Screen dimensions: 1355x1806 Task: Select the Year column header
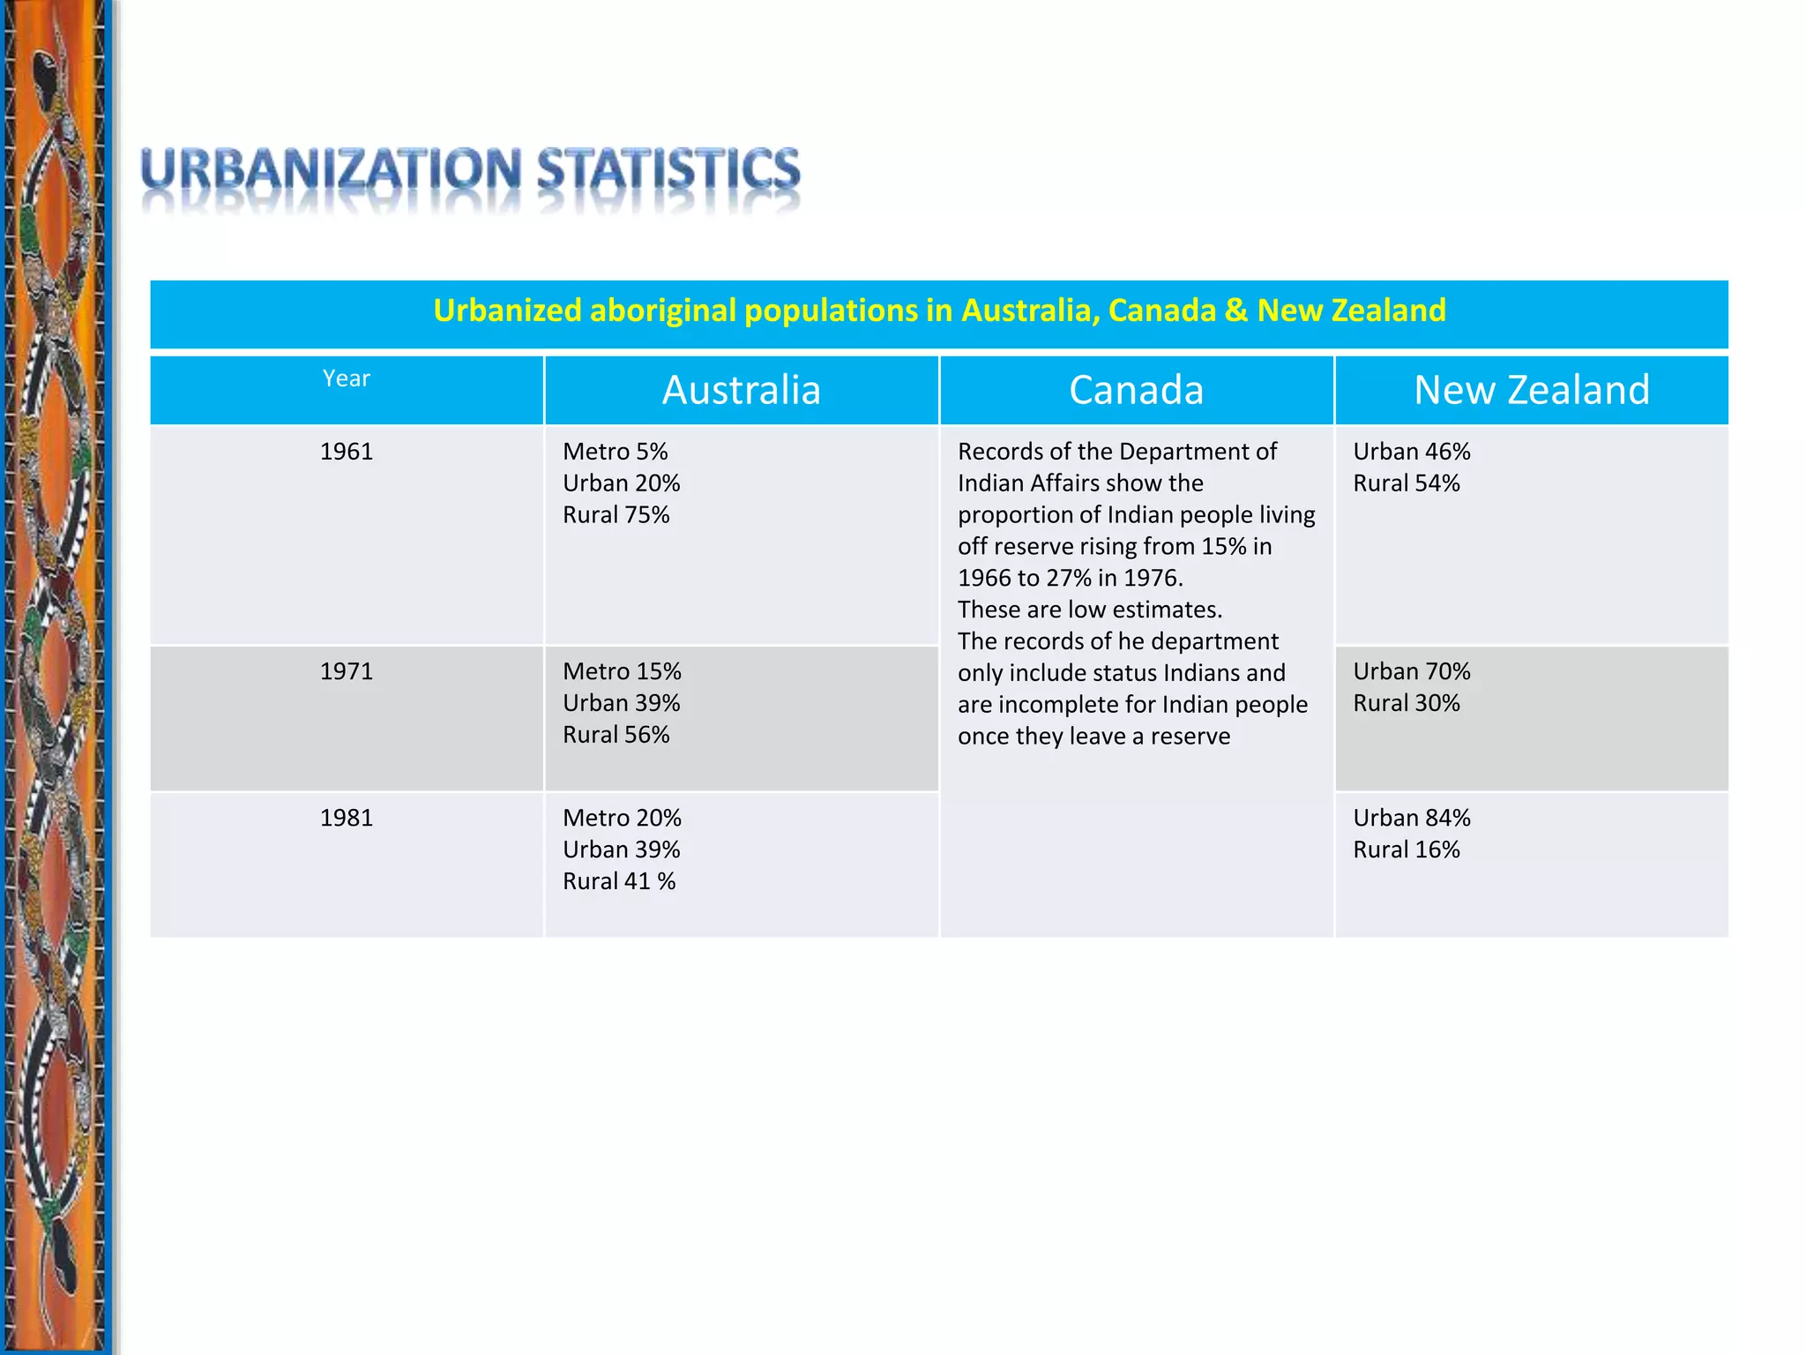tap(346, 378)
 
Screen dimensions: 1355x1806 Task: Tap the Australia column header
tap(741, 390)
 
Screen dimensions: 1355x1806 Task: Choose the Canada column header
tap(1136, 390)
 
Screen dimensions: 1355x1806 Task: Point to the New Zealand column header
tap(1532, 390)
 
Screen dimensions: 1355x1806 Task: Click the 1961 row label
tap(346, 452)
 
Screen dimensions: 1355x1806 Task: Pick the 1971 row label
tap(346, 671)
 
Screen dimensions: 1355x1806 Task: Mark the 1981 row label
tap(346, 818)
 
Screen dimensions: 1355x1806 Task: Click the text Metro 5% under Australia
tap(615, 452)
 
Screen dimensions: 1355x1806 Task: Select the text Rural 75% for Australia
tap(616, 515)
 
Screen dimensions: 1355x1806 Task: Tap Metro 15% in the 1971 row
tap(622, 671)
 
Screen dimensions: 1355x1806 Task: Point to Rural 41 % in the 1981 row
tap(619, 881)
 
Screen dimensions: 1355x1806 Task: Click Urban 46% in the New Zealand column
tap(1411, 452)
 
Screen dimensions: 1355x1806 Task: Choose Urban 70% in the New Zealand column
tap(1411, 671)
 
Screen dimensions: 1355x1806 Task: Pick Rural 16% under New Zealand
tap(1406, 850)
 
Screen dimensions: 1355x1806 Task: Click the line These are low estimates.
tap(1089, 610)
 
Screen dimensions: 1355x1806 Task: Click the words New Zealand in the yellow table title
tap(1351, 311)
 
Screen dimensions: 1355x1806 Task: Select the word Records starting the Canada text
tap(1000, 452)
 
